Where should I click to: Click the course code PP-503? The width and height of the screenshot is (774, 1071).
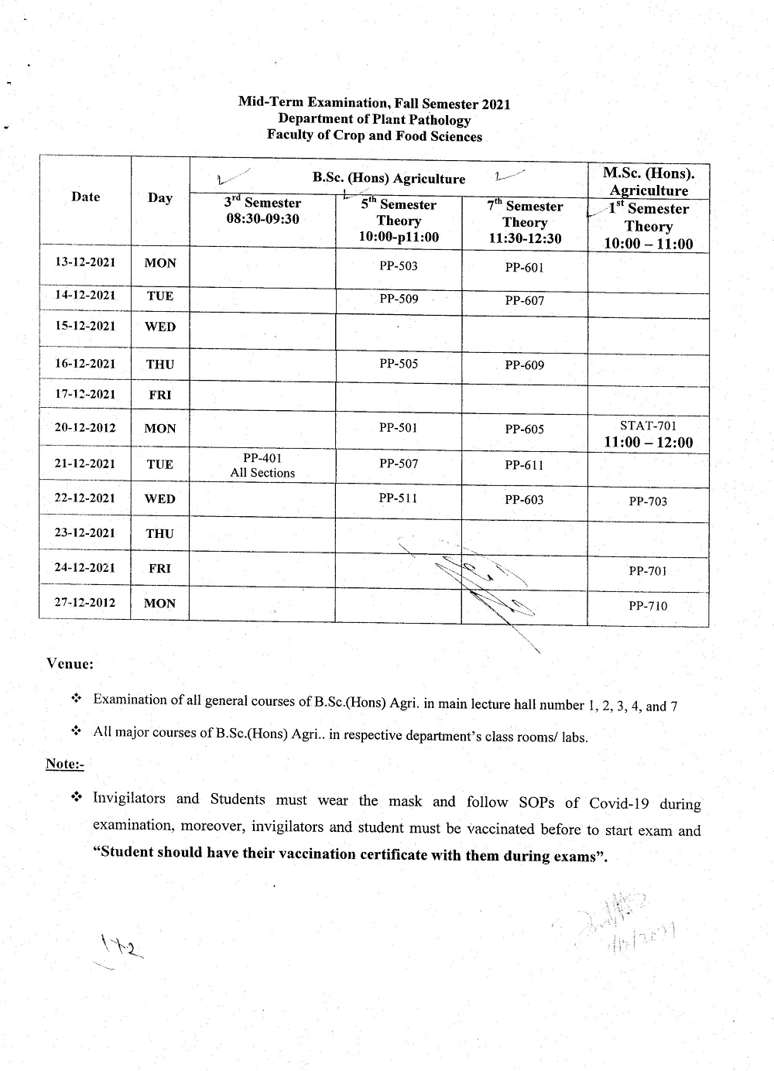click(x=399, y=266)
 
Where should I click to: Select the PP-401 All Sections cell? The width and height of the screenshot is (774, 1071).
click(x=262, y=465)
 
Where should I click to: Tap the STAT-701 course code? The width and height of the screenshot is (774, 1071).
click(x=648, y=426)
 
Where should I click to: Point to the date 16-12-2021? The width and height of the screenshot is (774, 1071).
click(x=85, y=364)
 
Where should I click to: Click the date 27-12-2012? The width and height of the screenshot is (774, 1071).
click(x=85, y=602)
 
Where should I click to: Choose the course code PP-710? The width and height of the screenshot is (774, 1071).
click(x=648, y=606)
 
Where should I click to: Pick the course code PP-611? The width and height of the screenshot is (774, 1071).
click(x=524, y=465)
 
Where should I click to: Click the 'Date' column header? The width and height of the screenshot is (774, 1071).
click(x=85, y=197)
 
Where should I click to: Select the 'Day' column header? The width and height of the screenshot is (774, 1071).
click(x=160, y=197)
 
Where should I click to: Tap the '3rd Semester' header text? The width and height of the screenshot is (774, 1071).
click(x=262, y=203)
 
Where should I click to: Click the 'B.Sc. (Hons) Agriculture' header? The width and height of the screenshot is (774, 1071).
click(x=389, y=179)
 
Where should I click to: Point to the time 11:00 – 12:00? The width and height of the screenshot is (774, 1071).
click(x=649, y=443)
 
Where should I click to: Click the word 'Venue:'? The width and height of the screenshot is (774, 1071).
click(x=70, y=663)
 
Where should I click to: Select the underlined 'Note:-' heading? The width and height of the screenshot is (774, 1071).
click(x=64, y=764)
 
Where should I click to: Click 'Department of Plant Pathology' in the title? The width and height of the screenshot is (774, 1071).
click(x=374, y=120)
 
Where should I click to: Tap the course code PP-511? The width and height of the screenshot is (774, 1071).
click(x=399, y=498)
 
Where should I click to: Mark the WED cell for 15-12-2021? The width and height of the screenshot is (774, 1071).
click(x=160, y=327)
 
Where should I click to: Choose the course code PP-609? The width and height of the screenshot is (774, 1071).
click(x=524, y=365)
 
